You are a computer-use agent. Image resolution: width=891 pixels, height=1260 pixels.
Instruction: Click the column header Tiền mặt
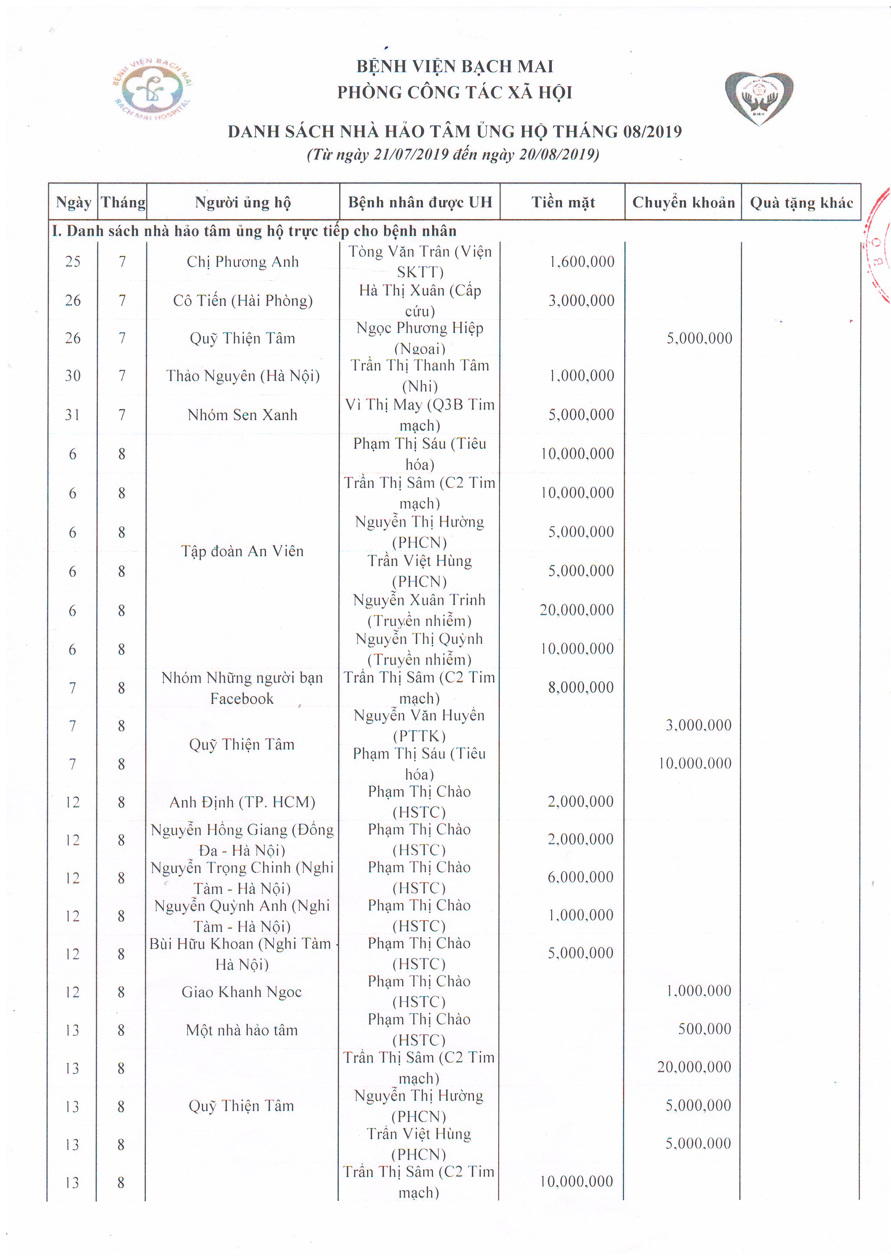tap(563, 203)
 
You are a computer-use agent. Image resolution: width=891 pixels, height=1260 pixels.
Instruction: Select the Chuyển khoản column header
tap(683, 203)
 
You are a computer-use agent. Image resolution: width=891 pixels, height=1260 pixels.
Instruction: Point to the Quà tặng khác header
tap(801, 203)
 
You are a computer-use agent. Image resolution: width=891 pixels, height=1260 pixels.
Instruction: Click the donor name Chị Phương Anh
tap(243, 262)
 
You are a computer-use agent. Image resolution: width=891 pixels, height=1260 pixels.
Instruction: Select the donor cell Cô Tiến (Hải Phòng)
tap(243, 301)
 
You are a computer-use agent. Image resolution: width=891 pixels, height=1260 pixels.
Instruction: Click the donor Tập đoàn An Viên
tap(242, 551)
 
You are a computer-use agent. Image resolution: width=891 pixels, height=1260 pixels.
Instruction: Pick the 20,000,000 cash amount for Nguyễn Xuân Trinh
tap(576, 610)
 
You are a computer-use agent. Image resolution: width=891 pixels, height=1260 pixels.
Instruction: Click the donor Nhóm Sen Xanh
tap(242, 415)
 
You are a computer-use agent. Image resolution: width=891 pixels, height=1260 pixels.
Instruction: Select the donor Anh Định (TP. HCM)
tap(242, 802)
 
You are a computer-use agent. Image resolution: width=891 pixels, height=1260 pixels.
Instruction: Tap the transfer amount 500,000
tap(704, 1029)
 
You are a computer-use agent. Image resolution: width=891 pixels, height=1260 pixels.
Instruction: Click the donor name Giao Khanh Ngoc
tap(241, 992)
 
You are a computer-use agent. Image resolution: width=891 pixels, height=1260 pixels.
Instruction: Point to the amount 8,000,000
tap(581, 687)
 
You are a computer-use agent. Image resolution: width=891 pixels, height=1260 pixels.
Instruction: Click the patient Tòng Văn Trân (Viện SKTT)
tap(420, 262)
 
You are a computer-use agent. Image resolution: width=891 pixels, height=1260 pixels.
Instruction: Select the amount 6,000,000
tap(580, 877)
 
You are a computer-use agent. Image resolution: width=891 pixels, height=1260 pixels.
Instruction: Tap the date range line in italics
tap(453, 154)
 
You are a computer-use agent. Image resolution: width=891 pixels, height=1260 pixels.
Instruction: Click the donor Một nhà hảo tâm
tap(241, 1030)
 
